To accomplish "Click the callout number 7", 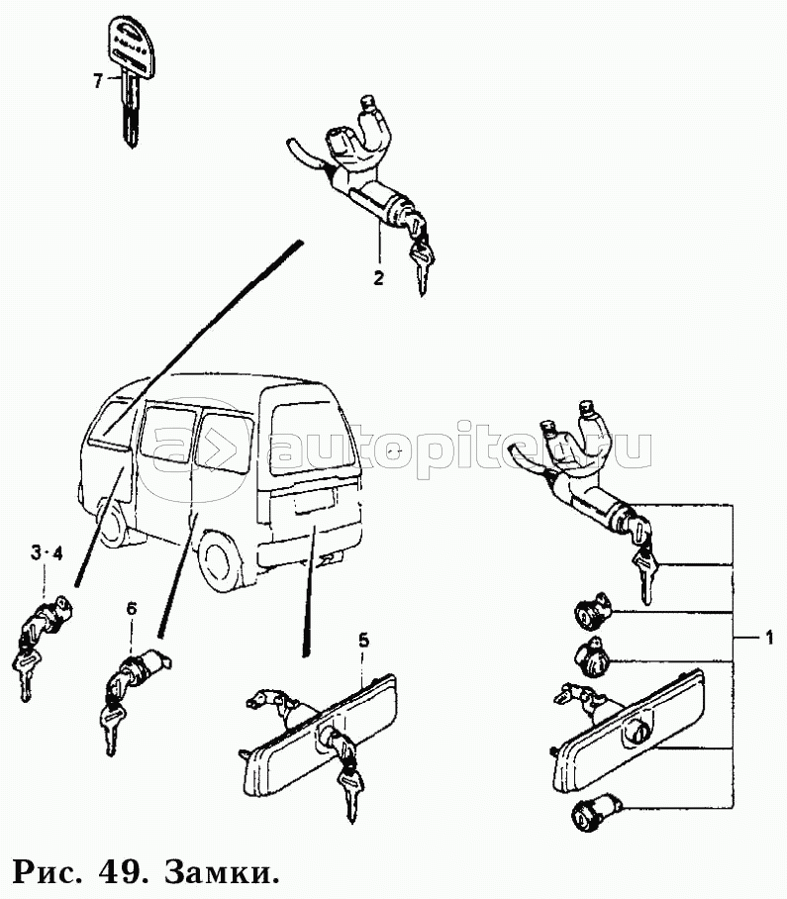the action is point(97,81).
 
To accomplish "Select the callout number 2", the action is point(378,278).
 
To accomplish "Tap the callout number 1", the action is point(768,637).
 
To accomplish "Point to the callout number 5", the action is point(364,641).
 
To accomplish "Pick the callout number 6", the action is point(132,609).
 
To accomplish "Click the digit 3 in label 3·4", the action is point(36,553).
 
